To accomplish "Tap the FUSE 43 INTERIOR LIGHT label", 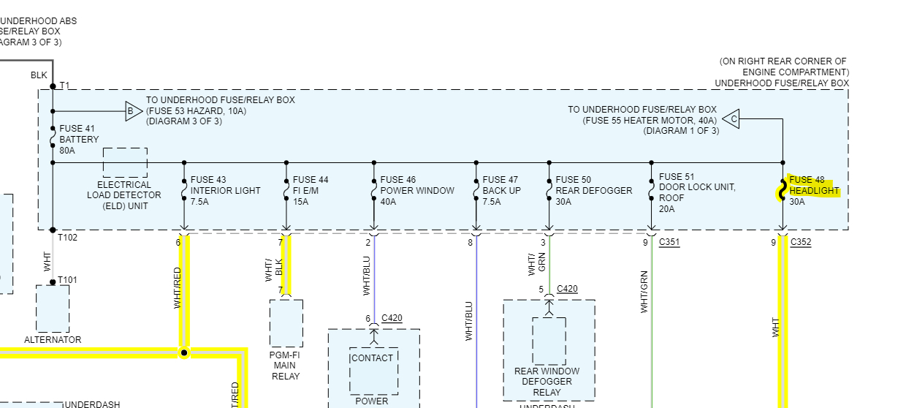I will pyautogui.click(x=225, y=191).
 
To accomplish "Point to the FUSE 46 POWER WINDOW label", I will pyautogui.click(x=417, y=191).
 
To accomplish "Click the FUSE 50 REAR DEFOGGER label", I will pyautogui.click(x=593, y=191).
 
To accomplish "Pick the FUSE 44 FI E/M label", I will pyautogui.click(x=311, y=191).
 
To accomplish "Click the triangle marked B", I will pyautogui.click(x=132, y=112).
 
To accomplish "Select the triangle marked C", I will pyautogui.click(x=731, y=118).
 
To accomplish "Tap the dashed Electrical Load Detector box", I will pyautogui.click(x=125, y=162).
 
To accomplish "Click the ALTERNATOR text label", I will pyautogui.click(x=53, y=340).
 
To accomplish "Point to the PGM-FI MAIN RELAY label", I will pyautogui.click(x=285, y=366).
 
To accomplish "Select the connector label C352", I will pyautogui.click(x=801, y=242).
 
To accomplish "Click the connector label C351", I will pyautogui.click(x=669, y=242).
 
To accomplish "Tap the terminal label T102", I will pyautogui.click(x=69, y=238).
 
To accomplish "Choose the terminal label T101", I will pyautogui.click(x=68, y=280).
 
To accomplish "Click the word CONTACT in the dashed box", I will pyautogui.click(x=372, y=358).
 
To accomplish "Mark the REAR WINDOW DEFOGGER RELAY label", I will pyautogui.click(x=547, y=382).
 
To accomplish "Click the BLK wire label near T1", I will pyautogui.click(x=39, y=75).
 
